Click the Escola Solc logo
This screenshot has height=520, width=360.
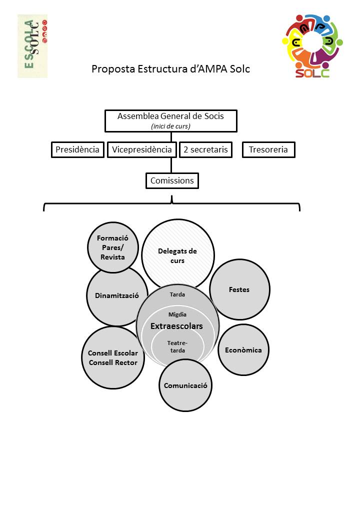(32, 46)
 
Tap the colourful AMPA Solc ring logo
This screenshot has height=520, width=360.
(312, 46)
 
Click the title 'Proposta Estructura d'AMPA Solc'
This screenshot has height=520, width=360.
(170, 69)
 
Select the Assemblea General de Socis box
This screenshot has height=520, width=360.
(170, 120)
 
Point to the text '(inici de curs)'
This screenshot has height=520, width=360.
(170, 126)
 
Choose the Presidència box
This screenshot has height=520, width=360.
(77, 149)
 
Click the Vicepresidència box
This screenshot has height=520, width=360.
(142, 149)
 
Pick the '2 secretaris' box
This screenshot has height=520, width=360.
(205, 149)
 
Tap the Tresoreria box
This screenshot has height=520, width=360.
(268, 149)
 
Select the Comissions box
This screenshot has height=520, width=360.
(172, 180)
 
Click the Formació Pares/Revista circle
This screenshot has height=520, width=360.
(113, 247)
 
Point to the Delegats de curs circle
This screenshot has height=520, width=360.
(177, 255)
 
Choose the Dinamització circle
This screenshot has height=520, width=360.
(116, 295)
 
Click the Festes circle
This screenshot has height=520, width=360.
(239, 289)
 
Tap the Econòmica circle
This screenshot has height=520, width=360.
(243, 350)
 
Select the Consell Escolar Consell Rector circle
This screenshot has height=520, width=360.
(112, 358)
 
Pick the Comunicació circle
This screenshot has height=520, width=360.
(185, 385)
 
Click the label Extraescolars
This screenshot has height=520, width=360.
(176, 326)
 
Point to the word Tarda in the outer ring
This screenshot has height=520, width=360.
(177, 294)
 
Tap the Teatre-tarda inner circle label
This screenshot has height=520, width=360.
(177, 347)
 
